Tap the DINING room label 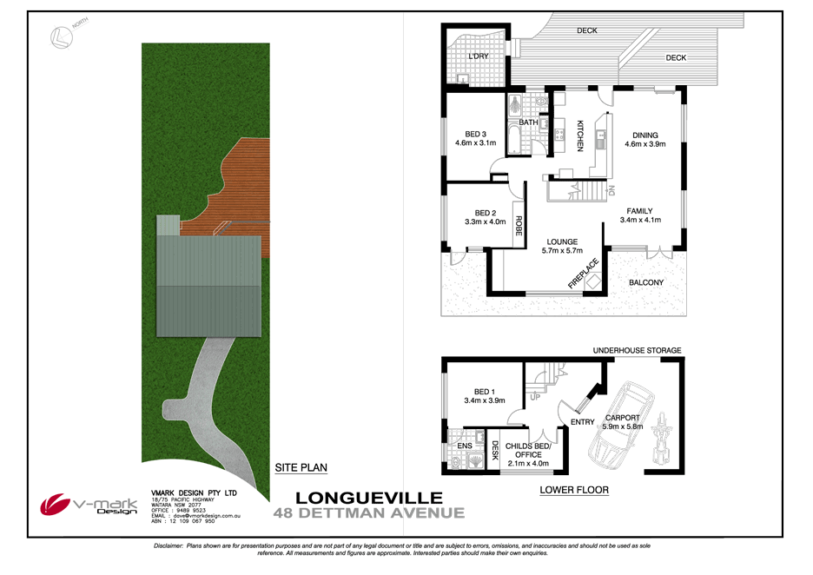coord(644,135)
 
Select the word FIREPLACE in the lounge coord(585,272)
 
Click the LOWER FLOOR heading coord(573,490)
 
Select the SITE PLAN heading coord(301,467)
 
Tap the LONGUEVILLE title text coord(369,498)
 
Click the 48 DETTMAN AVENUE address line coord(369,512)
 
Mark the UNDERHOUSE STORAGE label coord(637,351)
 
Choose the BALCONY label coord(645,282)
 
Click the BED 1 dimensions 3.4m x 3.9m coord(485,401)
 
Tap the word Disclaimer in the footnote coord(167,545)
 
